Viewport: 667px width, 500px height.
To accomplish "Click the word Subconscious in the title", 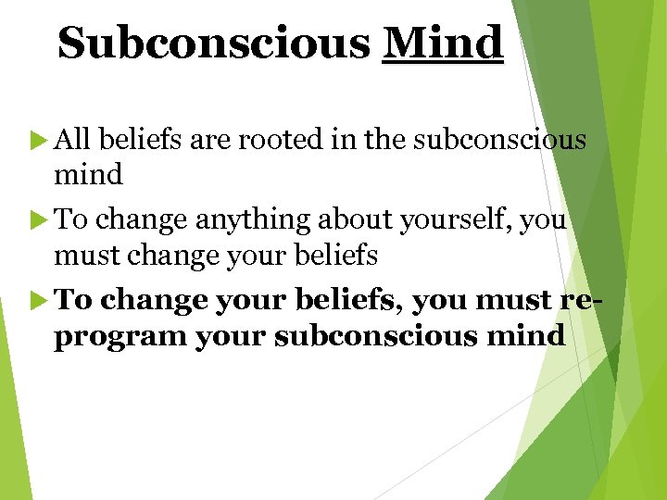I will [213, 43].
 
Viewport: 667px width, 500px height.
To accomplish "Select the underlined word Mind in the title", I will [443, 43].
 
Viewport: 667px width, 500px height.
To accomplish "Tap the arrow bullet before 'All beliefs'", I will [40, 140].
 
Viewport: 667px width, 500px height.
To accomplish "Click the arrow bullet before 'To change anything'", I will [40, 220].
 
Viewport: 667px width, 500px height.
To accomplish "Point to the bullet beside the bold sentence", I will [40, 301].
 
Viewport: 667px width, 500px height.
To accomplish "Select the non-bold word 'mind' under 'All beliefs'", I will [89, 173].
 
